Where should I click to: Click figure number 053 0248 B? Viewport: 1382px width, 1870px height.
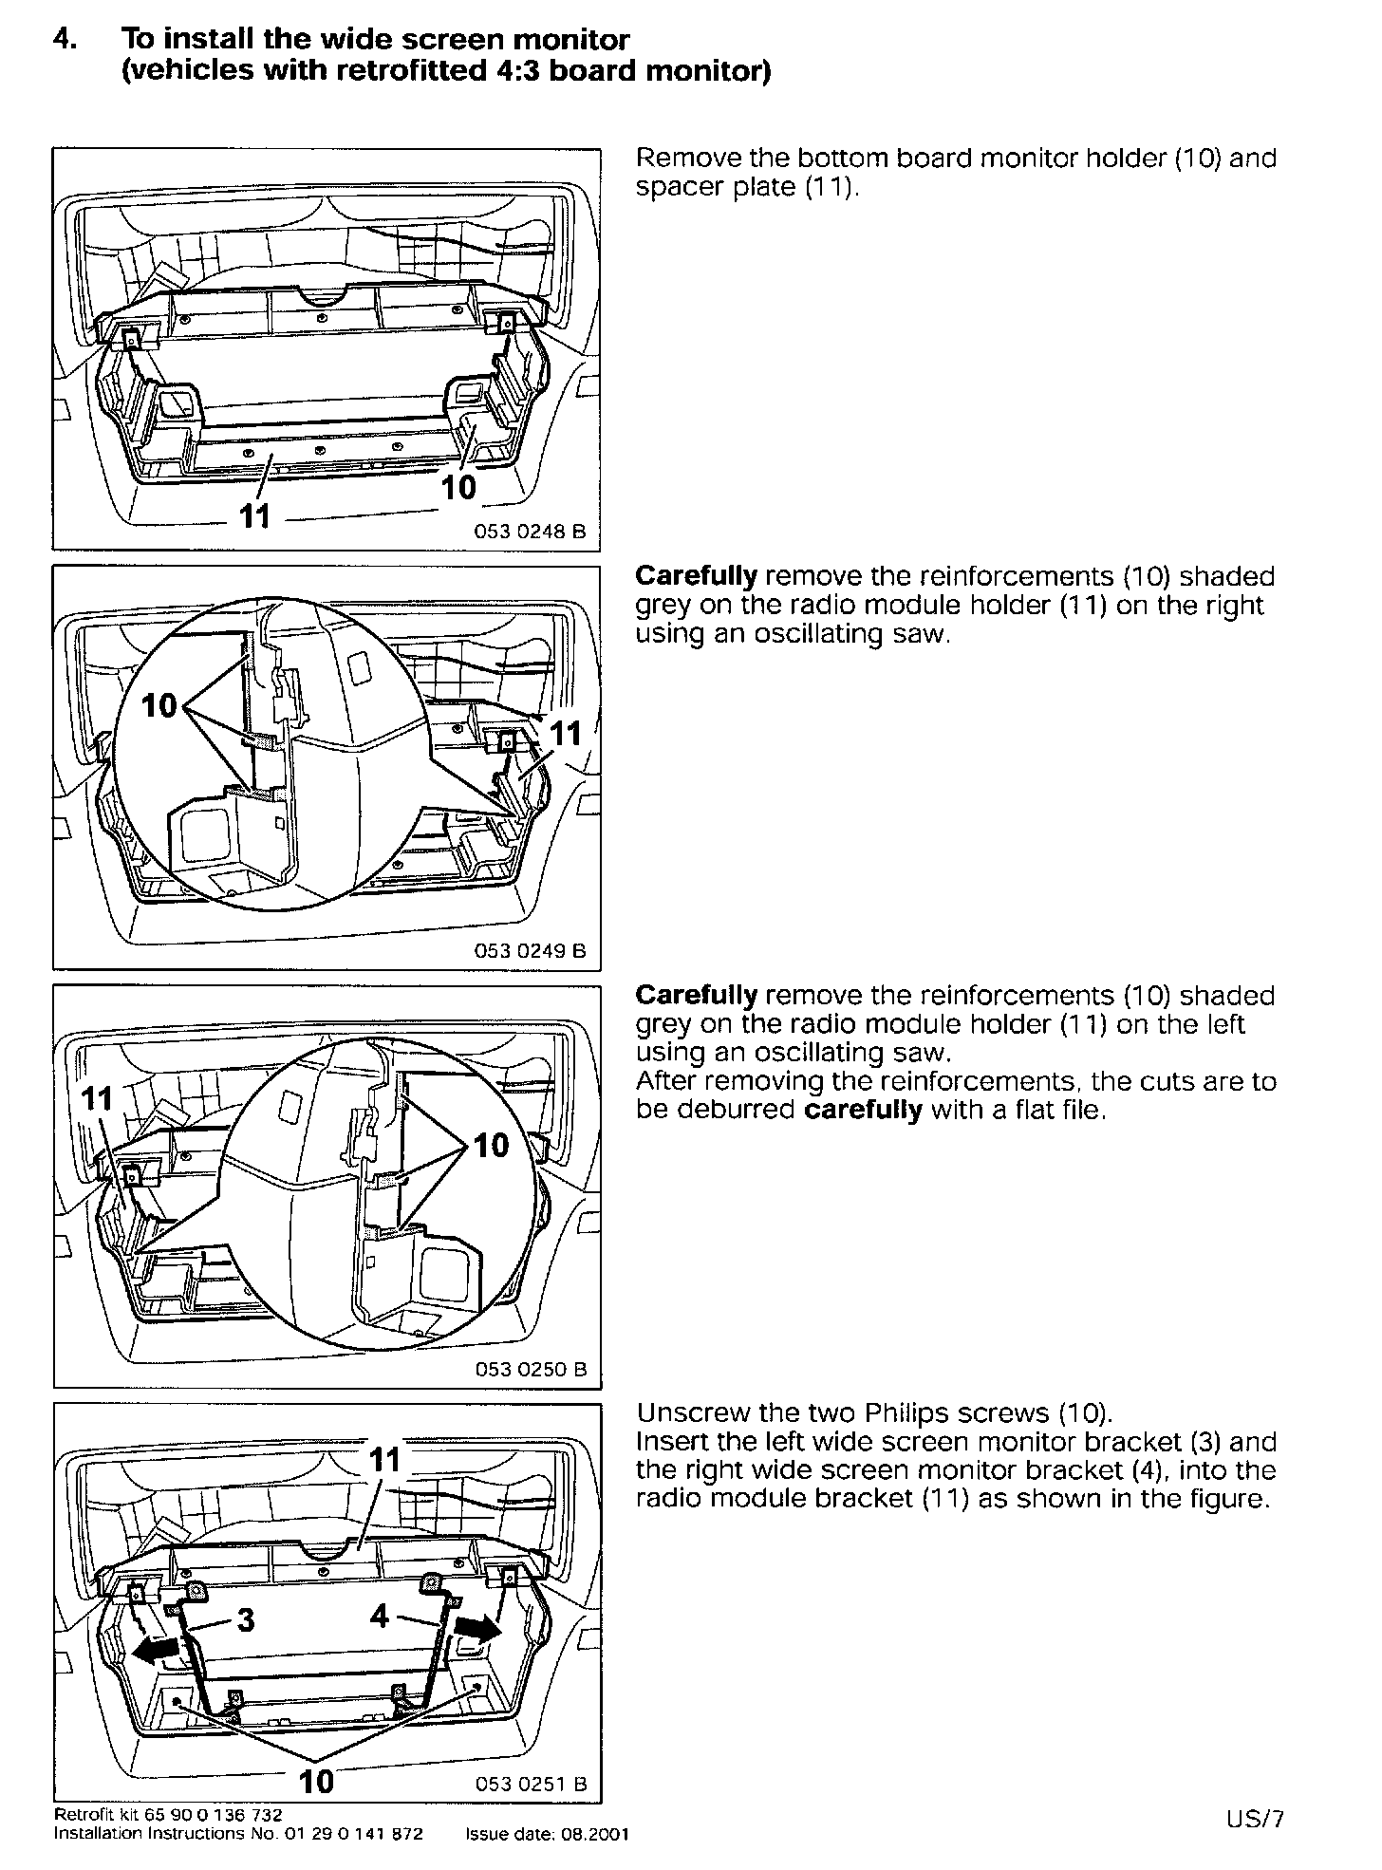(530, 532)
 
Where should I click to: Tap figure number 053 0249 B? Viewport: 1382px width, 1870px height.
(530, 950)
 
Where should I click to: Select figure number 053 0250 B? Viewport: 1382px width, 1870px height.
(530, 1369)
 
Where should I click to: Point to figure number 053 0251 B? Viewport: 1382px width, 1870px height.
(531, 1784)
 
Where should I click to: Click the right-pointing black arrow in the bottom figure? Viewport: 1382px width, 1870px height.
(477, 1630)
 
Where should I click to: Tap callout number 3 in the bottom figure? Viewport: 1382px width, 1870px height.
(246, 1618)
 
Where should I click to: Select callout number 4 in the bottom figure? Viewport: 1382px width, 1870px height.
(380, 1615)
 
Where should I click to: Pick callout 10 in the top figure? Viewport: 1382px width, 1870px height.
(458, 487)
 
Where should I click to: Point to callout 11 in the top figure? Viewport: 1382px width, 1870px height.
(254, 516)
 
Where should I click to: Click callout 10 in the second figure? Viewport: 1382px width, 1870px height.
(159, 705)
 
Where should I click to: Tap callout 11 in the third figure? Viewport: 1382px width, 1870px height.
(98, 1099)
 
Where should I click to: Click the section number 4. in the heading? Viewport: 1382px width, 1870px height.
(65, 40)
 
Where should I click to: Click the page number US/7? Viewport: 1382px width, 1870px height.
(1254, 1819)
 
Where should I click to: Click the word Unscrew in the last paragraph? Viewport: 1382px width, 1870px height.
(690, 1412)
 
